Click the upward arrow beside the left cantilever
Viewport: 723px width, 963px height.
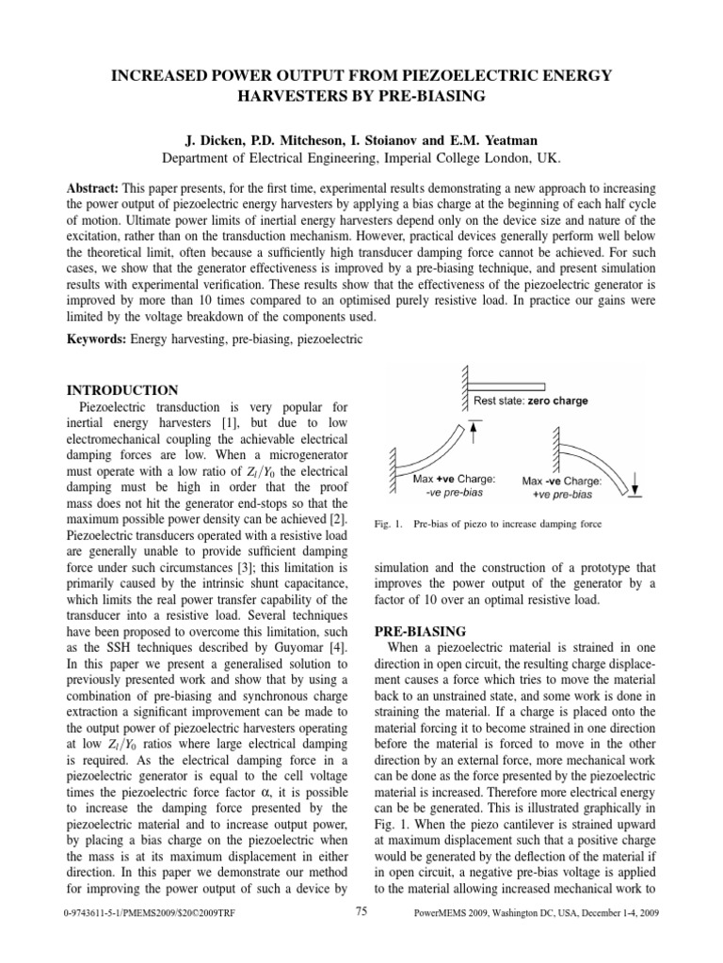474,432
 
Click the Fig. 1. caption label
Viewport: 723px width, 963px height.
388,523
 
